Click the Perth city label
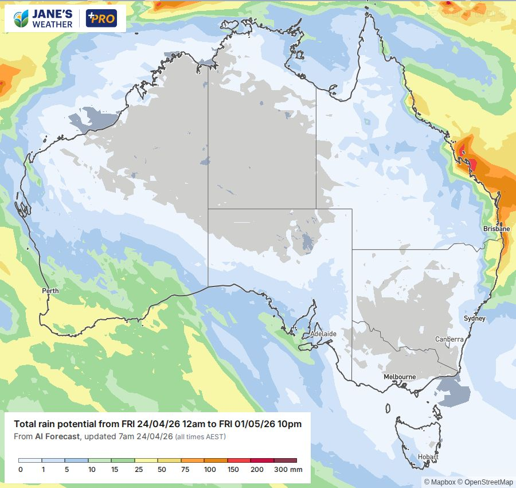pyautogui.click(x=50, y=291)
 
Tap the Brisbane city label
pyautogui.click(x=496, y=228)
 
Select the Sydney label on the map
pyautogui.click(x=474, y=319)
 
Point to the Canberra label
pyautogui.click(x=449, y=339)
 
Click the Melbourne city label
pyautogui.click(x=400, y=377)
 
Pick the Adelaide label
pyautogui.click(x=323, y=334)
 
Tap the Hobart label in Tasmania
pyautogui.click(x=428, y=457)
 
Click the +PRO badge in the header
pyautogui.click(x=101, y=18)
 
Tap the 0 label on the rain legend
pyautogui.click(x=20, y=470)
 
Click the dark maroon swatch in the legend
pyautogui.click(x=285, y=460)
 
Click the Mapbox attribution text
pyautogui.click(x=439, y=482)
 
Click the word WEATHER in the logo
pyautogui.click(x=52, y=24)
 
